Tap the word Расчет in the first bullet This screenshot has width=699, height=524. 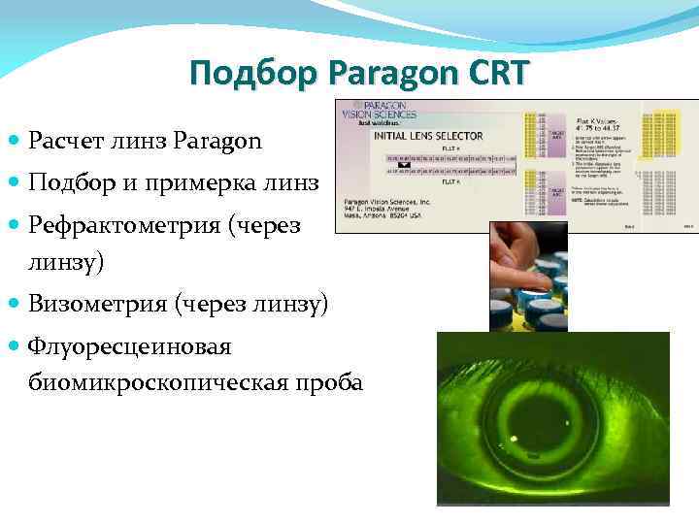69,142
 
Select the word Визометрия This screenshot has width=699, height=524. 97,305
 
